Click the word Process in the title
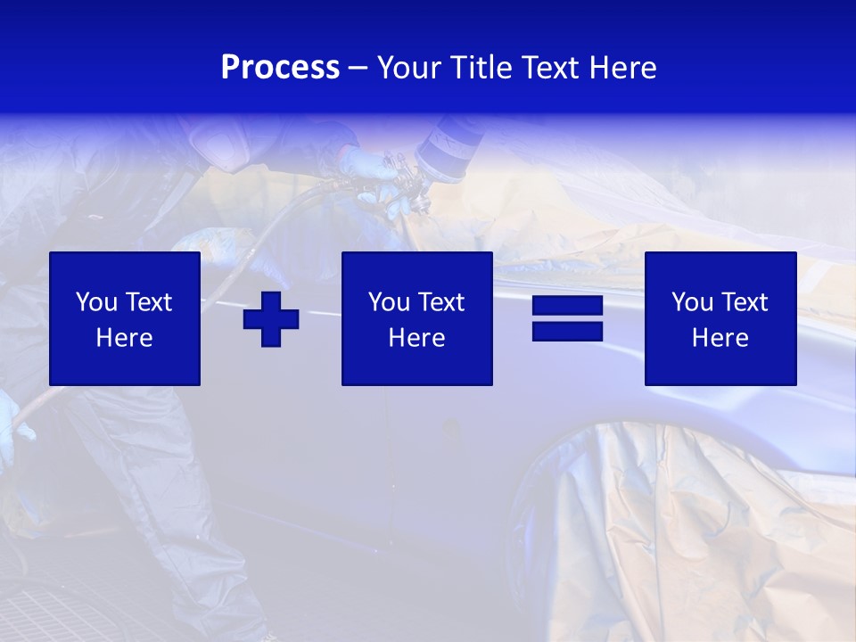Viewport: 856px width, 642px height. tap(280, 68)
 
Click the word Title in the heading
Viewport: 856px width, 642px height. tap(480, 68)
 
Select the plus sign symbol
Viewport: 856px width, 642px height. tap(271, 318)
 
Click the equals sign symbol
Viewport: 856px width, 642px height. tap(567, 318)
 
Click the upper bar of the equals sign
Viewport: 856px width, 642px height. tap(567, 306)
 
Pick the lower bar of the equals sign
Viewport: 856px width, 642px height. tap(567, 331)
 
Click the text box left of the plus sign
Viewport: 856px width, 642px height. tap(125, 318)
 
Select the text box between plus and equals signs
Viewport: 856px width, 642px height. tap(416, 318)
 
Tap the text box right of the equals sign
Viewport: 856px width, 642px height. tap(720, 318)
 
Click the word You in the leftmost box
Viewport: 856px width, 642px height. tap(94, 302)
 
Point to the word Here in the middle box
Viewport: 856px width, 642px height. tap(416, 338)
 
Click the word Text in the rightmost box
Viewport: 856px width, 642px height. tap(746, 302)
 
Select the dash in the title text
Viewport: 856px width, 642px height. tap(358, 68)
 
